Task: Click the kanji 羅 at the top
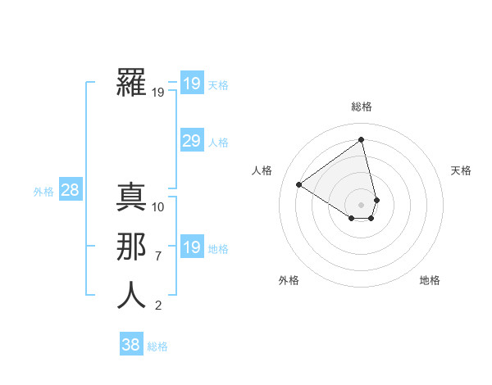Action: (132, 83)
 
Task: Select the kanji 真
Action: (132, 197)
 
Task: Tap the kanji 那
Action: (132, 247)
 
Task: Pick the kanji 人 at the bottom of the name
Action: (132, 296)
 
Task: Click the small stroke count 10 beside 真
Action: (158, 206)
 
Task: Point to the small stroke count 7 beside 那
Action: (158, 256)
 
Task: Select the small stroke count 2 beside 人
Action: (158, 306)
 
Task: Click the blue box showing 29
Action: (192, 141)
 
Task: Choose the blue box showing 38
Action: (130, 345)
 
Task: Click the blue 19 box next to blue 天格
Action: (192, 83)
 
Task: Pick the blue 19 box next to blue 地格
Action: (192, 247)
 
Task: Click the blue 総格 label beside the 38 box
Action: (157, 346)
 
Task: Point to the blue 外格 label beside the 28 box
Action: (43, 192)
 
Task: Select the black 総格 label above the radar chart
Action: (362, 106)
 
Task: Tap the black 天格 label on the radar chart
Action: (461, 170)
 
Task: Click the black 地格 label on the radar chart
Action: (430, 280)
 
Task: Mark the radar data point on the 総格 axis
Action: (362, 140)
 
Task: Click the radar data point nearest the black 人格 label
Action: (299, 184)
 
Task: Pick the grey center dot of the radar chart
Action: (362, 204)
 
